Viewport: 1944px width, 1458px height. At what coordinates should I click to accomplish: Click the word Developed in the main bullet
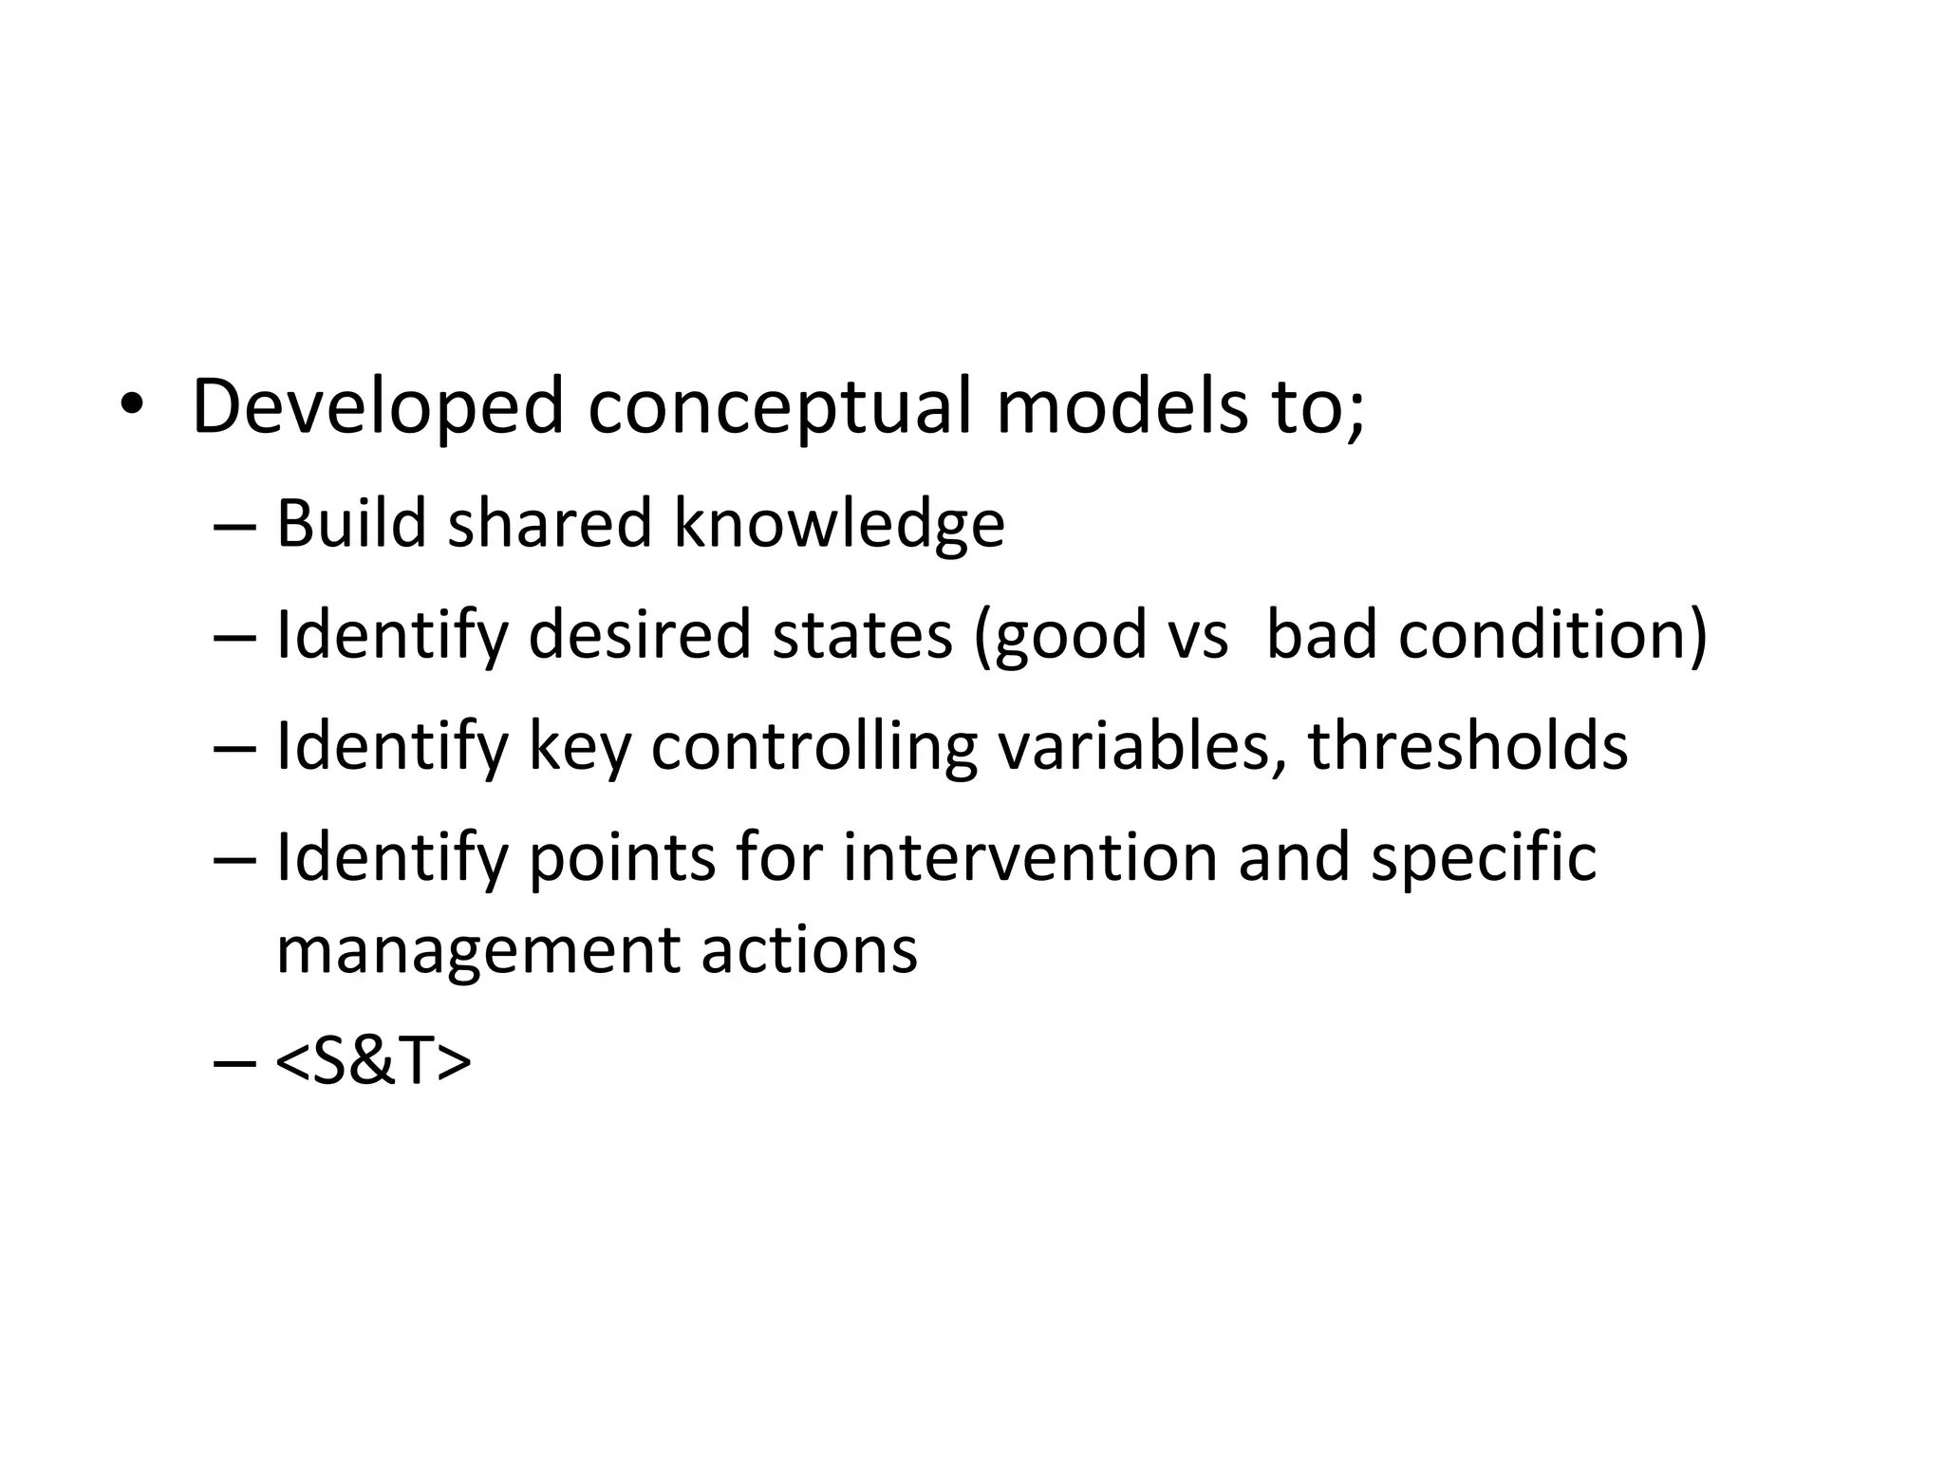pyautogui.click(x=378, y=408)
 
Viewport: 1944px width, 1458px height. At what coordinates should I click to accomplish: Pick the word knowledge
pyautogui.click(x=839, y=525)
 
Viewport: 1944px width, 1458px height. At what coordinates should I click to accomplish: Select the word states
pyautogui.click(x=862, y=635)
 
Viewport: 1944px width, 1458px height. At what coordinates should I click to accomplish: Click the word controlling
pyautogui.click(x=813, y=747)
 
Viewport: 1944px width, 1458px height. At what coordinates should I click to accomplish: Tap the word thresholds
pyautogui.click(x=1467, y=746)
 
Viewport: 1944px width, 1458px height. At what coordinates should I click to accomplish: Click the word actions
pyautogui.click(x=809, y=950)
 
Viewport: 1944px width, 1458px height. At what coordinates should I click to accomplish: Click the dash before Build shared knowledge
pyautogui.click(x=235, y=525)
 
